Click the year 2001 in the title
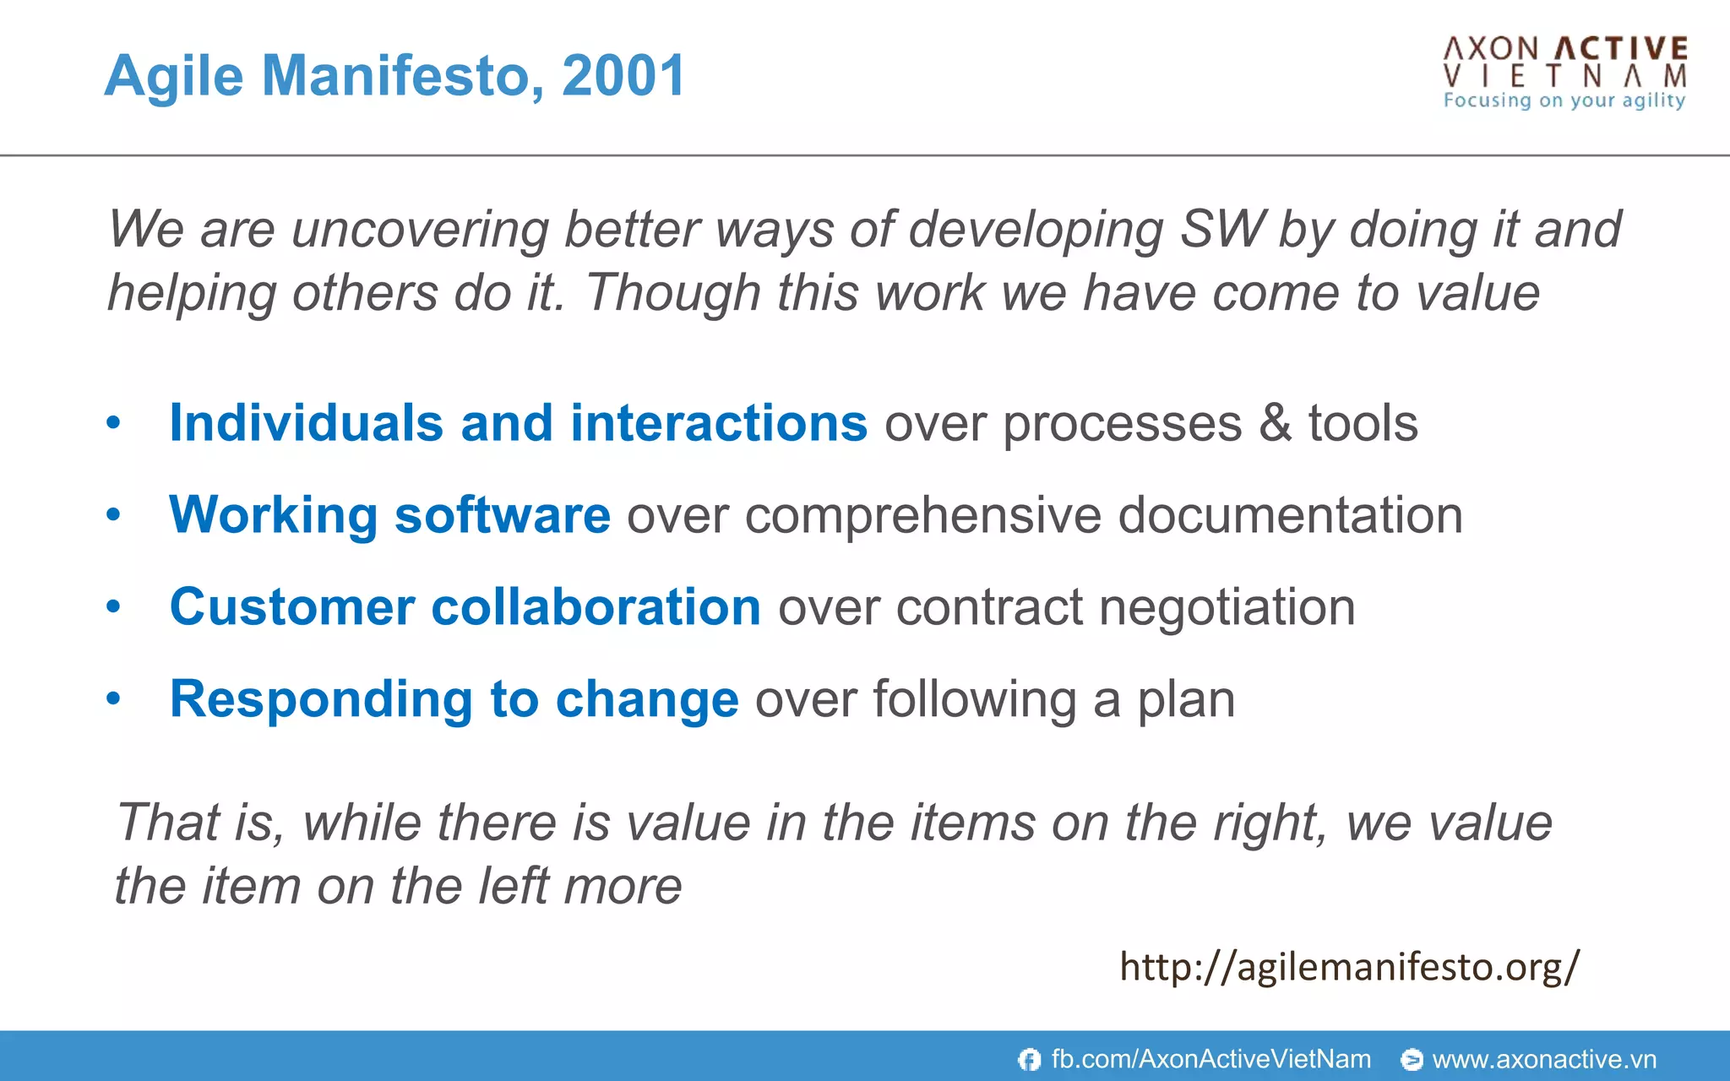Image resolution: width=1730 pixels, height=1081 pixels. (623, 76)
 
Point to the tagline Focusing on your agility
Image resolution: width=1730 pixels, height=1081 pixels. (1564, 100)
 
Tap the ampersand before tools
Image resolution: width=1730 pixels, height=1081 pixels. (1275, 423)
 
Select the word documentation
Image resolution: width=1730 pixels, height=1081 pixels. (1290, 515)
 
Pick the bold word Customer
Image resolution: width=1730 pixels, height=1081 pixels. (292, 607)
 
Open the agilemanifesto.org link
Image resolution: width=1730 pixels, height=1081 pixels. (1348, 967)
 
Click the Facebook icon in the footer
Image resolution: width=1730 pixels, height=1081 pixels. (1029, 1059)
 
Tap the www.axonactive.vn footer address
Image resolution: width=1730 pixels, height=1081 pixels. (1544, 1059)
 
